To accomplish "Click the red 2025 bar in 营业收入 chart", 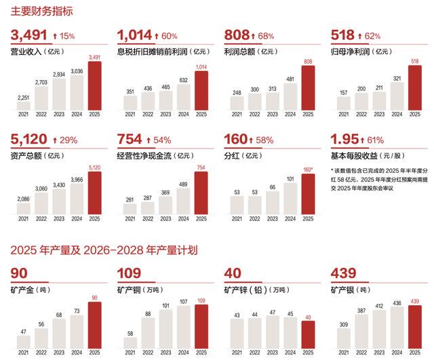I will pos(94,86).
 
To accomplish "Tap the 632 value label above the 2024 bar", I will pos(183,80).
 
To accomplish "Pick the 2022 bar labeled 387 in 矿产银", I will pos(361,329).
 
